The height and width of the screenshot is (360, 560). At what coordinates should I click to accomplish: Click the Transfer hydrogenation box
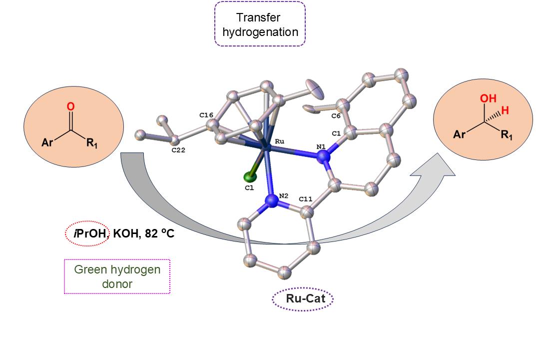[260, 24]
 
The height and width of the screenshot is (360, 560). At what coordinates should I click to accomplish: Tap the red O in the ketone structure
[70, 106]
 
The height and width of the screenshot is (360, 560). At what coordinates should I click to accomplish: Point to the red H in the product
[505, 111]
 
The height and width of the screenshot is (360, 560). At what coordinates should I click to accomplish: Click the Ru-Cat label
[303, 299]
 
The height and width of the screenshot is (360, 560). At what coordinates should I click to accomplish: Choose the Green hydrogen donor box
[117, 276]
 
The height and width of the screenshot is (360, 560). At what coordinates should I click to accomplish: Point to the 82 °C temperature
[159, 233]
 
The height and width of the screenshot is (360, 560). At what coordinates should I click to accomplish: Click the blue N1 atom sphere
[325, 156]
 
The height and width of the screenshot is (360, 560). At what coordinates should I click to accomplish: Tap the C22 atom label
[178, 149]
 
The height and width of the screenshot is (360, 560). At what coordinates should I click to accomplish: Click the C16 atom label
[206, 115]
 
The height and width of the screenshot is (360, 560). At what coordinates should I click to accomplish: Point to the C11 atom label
[306, 199]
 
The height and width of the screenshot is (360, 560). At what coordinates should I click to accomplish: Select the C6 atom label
[336, 116]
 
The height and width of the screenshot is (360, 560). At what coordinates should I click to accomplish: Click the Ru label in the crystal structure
[280, 141]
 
